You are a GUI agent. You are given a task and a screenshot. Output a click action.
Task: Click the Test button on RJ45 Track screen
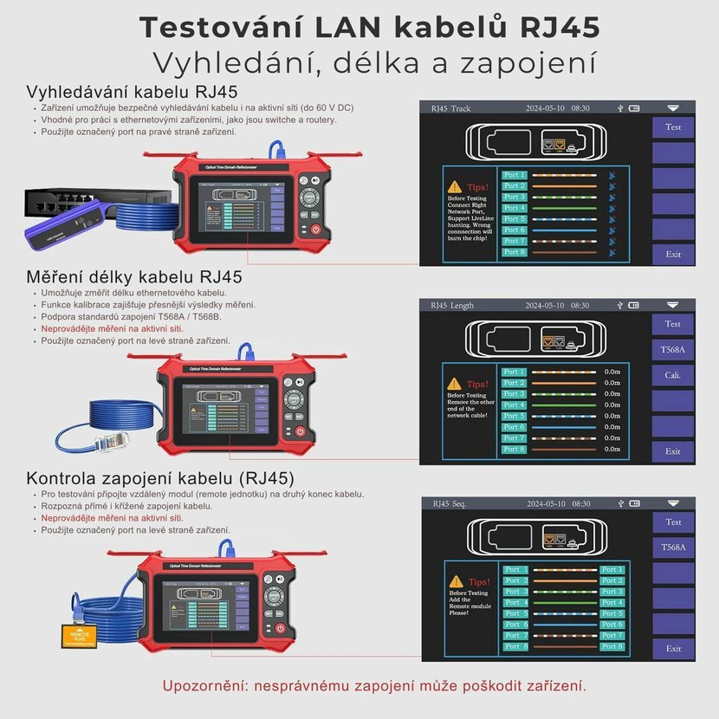pos(673,127)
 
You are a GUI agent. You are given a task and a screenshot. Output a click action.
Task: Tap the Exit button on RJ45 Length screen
pos(673,451)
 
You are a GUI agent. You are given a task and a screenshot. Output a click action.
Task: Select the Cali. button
pos(673,375)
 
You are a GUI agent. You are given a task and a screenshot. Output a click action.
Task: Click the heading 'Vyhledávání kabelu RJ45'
pos(132,92)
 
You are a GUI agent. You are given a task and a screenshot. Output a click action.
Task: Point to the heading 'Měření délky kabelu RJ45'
pos(134,277)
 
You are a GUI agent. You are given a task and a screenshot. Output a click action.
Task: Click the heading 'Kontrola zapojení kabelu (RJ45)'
pos(160,478)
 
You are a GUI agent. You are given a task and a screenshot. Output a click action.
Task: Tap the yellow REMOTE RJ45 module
pos(79,636)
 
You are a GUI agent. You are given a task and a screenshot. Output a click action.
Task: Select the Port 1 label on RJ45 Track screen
pos(515,175)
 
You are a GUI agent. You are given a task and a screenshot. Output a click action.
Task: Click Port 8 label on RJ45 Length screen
pos(515,449)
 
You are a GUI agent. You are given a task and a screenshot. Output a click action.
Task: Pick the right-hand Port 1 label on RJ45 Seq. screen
pos(612,570)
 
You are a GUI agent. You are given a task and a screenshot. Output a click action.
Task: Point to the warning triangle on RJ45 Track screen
pos(455,187)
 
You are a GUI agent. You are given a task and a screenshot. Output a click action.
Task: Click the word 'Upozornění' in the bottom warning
pos(202,685)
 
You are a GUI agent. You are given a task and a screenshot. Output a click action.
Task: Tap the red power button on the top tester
pos(314,230)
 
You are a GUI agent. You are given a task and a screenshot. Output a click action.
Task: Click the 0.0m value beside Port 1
pos(612,372)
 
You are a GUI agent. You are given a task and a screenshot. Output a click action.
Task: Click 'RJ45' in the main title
pos(560,27)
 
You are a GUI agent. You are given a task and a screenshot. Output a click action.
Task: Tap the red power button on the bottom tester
pos(281,628)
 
